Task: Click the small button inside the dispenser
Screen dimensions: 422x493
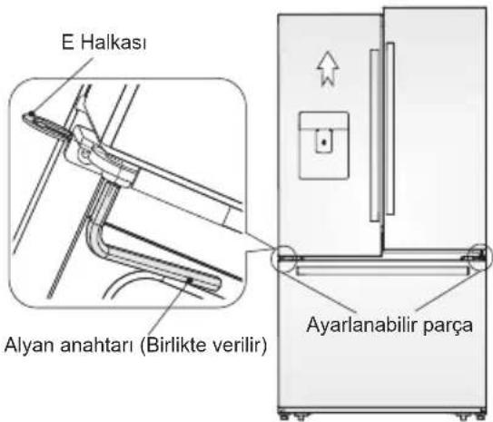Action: (322, 141)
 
